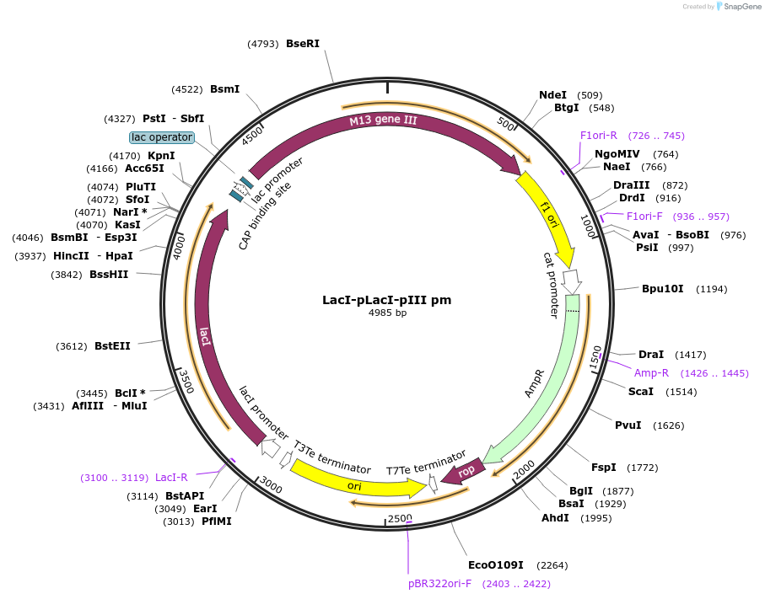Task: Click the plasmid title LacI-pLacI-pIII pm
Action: (x=386, y=300)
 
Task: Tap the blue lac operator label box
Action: (x=162, y=137)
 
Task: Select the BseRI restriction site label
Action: (x=303, y=44)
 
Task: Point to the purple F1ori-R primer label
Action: (x=599, y=136)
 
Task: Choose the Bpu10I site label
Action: (x=663, y=289)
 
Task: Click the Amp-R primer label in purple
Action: (x=652, y=373)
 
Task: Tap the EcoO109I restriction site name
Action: (x=496, y=564)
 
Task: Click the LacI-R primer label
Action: (x=171, y=478)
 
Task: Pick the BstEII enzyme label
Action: (x=112, y=345)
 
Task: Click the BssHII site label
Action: (x=109, y=274)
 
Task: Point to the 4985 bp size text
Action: (x=387, y=313)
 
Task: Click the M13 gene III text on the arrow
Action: (x=384, y=120)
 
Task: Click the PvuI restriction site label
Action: (x=628, y=425)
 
